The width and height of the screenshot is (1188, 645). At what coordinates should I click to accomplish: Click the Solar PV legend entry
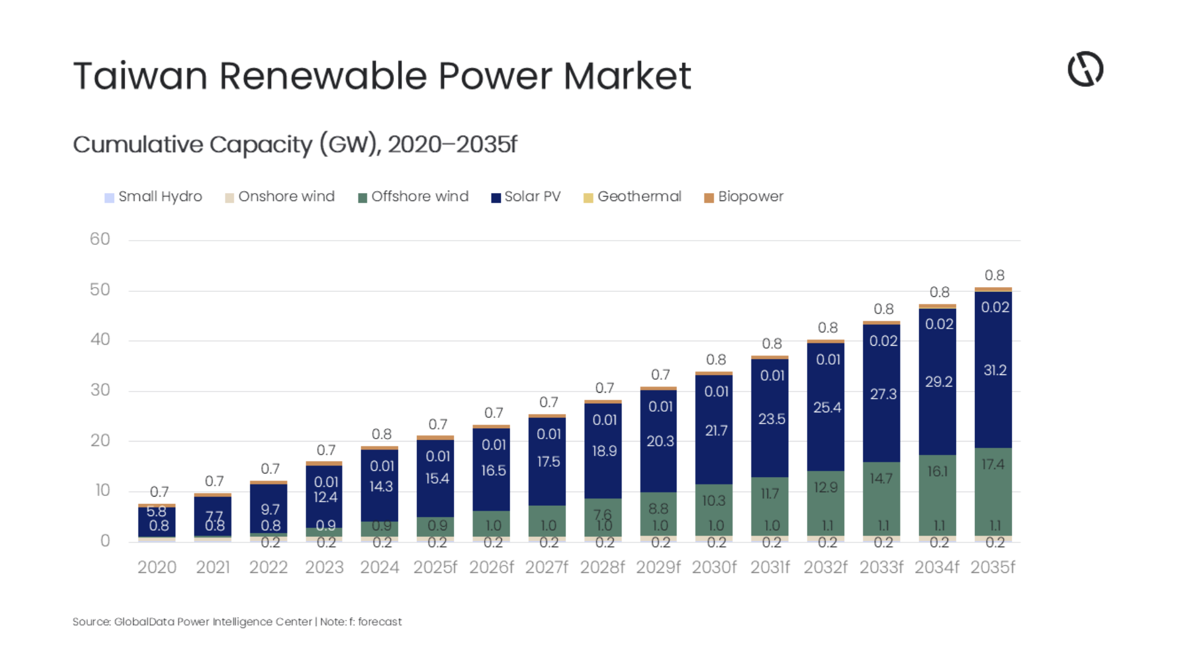point(526,197)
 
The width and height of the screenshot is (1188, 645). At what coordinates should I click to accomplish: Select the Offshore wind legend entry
point(413,197)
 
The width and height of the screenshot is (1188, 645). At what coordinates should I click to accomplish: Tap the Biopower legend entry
point(744,197)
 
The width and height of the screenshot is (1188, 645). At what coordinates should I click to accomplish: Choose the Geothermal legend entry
point(632,197)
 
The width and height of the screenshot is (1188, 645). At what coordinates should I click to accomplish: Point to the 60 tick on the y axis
point(100,239)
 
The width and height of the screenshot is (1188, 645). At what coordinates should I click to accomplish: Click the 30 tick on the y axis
point(100,390)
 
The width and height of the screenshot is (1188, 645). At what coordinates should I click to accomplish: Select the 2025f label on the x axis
point(435,567)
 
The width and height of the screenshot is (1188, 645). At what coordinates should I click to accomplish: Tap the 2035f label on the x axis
point(993,567)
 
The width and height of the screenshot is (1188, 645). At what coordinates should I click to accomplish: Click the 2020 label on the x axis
point(157,567)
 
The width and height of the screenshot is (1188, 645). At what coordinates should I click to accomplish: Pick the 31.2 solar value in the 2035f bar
point(994,370)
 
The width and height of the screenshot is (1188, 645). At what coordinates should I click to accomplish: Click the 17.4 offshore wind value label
point(993,464)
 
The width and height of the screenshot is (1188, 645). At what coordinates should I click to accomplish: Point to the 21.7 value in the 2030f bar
point(716,431)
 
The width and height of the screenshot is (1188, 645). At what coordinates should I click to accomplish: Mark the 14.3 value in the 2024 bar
point(381,486)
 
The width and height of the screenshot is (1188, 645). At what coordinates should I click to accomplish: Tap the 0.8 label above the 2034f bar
point(939,293)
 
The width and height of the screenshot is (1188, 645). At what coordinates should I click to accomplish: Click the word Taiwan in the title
point(140,76)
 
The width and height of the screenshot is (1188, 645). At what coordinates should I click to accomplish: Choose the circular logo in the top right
point(1085,69)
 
